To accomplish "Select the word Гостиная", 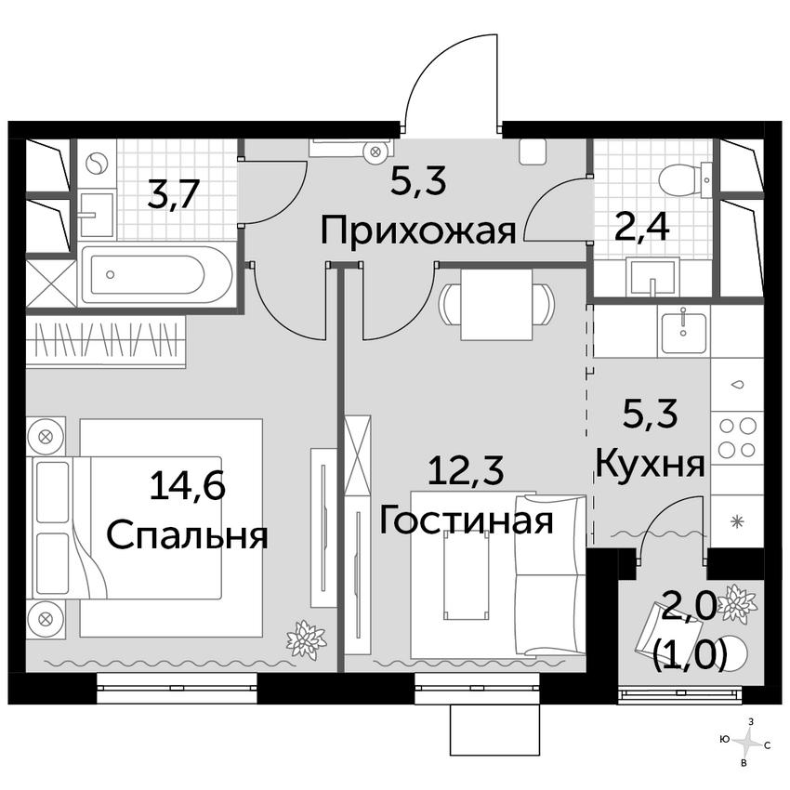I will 467,520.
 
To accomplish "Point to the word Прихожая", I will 417,230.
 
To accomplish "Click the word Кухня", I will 650,462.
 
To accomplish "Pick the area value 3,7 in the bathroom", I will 172,196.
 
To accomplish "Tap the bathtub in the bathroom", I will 155,274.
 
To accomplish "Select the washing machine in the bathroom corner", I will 97,164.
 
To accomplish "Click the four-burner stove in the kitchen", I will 737,438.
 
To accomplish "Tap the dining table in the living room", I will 497,304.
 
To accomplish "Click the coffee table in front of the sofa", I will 462,578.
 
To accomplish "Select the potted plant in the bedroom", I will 305,640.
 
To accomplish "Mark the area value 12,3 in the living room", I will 466,471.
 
